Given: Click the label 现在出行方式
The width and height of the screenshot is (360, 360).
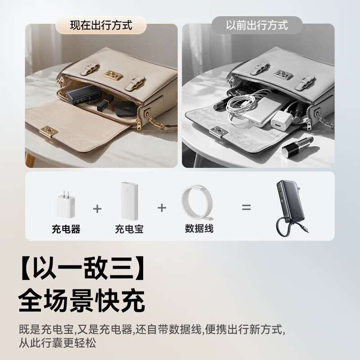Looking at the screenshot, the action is [101, 25].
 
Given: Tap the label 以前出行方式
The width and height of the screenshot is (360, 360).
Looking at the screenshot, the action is [257, 25].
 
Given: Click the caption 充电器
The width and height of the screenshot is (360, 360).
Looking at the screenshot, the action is [66, 229].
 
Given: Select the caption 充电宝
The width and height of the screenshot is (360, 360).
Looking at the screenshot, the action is [129, 229].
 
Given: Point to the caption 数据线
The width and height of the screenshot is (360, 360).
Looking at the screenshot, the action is [199, 229].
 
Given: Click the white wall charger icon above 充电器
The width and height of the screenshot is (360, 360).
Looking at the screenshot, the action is [66, 204].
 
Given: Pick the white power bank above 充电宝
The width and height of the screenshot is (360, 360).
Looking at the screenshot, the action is [130, 201].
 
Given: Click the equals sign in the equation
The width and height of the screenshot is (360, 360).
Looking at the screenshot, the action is [246, 207].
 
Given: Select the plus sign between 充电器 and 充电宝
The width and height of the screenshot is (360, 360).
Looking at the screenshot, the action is [97, 209].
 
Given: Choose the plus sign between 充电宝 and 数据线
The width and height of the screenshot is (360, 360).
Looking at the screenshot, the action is [162, 208].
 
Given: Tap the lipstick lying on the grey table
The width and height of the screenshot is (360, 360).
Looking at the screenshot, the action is [298, 147].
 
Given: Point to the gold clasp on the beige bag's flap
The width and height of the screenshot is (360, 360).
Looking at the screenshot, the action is [49, 132].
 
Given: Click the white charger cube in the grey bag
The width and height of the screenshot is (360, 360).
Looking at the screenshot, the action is [282, 119].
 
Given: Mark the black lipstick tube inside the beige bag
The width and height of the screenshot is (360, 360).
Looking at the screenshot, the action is [105, 103].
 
